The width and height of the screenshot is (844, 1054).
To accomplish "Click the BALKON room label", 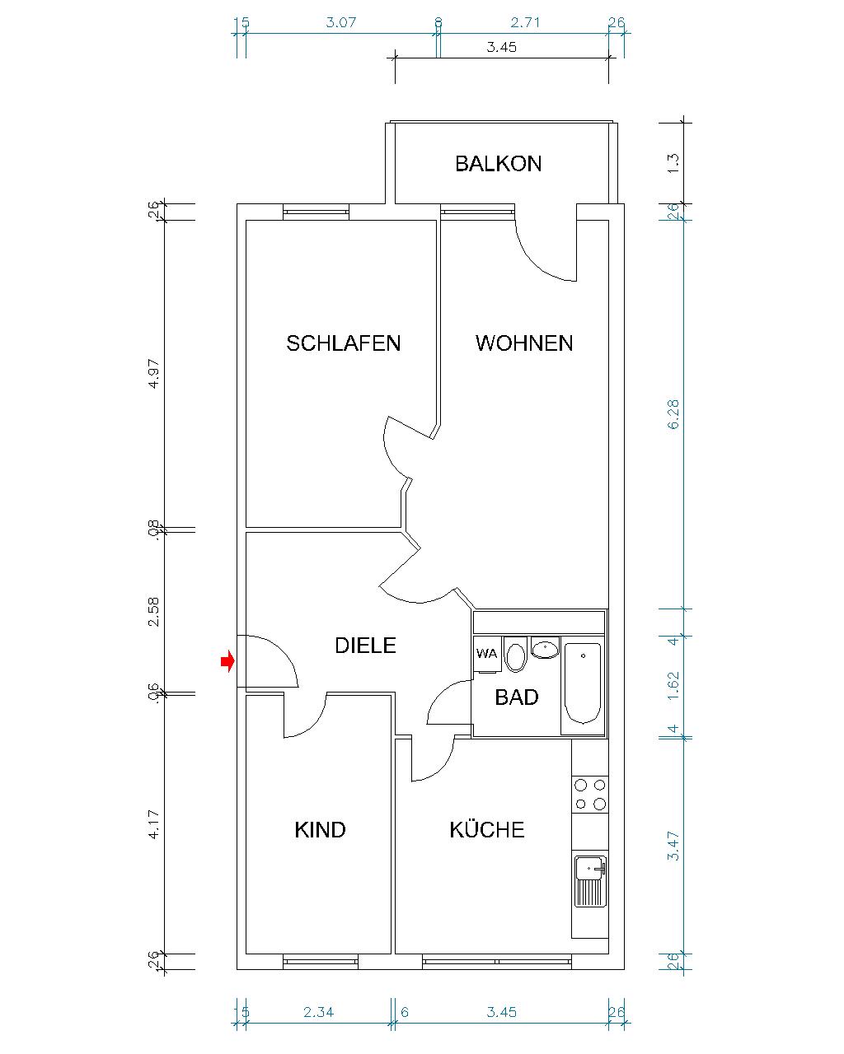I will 498,163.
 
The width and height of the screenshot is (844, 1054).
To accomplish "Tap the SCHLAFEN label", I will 343,343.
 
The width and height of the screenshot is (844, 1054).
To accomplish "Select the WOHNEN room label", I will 524,343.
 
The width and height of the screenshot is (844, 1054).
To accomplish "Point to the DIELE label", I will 365,646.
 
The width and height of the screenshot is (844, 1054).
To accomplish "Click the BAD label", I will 517,697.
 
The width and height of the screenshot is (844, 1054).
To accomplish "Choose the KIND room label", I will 320,829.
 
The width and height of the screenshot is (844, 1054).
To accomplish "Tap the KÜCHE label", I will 486,829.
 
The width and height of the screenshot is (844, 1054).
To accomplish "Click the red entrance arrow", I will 227,661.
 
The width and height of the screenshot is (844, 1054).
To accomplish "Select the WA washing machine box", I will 486,654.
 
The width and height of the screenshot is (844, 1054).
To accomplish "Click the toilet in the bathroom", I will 516,656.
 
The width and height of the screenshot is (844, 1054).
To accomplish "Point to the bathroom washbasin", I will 545,649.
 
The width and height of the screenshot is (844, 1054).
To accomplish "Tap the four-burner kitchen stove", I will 590,794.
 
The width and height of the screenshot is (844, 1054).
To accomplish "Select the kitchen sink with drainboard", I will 590,879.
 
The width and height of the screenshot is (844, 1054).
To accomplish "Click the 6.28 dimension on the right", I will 674,414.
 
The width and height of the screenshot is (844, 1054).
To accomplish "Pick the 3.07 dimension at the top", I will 340,22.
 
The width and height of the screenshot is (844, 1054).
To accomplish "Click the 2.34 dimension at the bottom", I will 318,1012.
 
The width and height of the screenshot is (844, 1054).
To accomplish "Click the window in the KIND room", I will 321,961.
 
